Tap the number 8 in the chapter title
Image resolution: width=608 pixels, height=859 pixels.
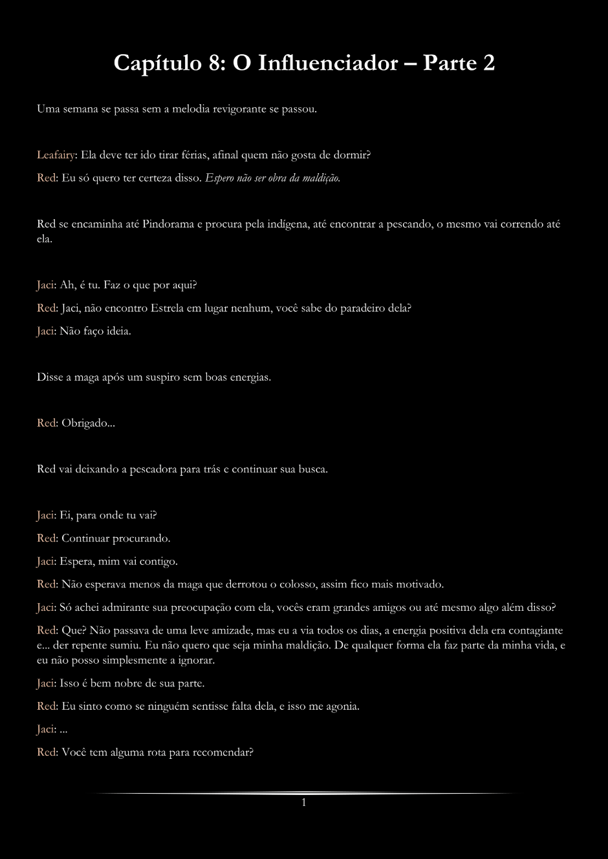click(x=215, y=63)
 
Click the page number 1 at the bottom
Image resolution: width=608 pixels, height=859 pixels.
click(x=303, y=803)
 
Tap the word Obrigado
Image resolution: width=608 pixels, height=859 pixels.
click(x=85, y=423)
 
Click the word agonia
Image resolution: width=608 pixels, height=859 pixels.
click(x=342, y=706)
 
